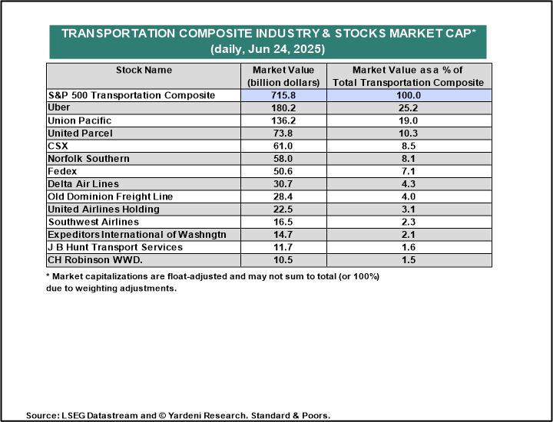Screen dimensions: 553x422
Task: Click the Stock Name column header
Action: (x=144, y=70)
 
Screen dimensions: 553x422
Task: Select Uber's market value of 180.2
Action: (x=283, y=107)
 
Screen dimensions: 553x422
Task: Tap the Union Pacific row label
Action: (x=79, y=120)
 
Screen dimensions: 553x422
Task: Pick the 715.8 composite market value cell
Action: (x=283, y=95)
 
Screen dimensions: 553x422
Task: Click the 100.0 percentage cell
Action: (x=409, y=95)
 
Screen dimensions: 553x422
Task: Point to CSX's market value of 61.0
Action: (x=283, y=146)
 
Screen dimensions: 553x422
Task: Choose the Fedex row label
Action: (x=62, y=171)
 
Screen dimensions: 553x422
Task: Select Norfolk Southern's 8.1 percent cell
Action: (x=409, y=159)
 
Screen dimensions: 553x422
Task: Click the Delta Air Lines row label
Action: (x=83, y=184)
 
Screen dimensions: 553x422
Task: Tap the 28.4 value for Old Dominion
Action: (x=283, y=196)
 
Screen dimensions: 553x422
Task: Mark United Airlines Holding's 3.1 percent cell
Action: (x=409, y=209)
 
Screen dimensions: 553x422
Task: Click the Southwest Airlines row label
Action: (x=94, y=222)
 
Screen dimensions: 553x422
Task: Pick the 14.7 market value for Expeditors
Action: (x=283, y=235)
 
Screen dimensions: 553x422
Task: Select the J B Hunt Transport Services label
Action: (x=115, y=247)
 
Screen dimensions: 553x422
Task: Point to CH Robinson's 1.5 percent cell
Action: (x=409, y=260)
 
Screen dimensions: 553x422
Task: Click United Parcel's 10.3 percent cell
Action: (x=409, y=134)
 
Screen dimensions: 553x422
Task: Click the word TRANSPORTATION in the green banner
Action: (x=118, y=34)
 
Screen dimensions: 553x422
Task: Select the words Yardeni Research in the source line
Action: (x=207, y=416)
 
